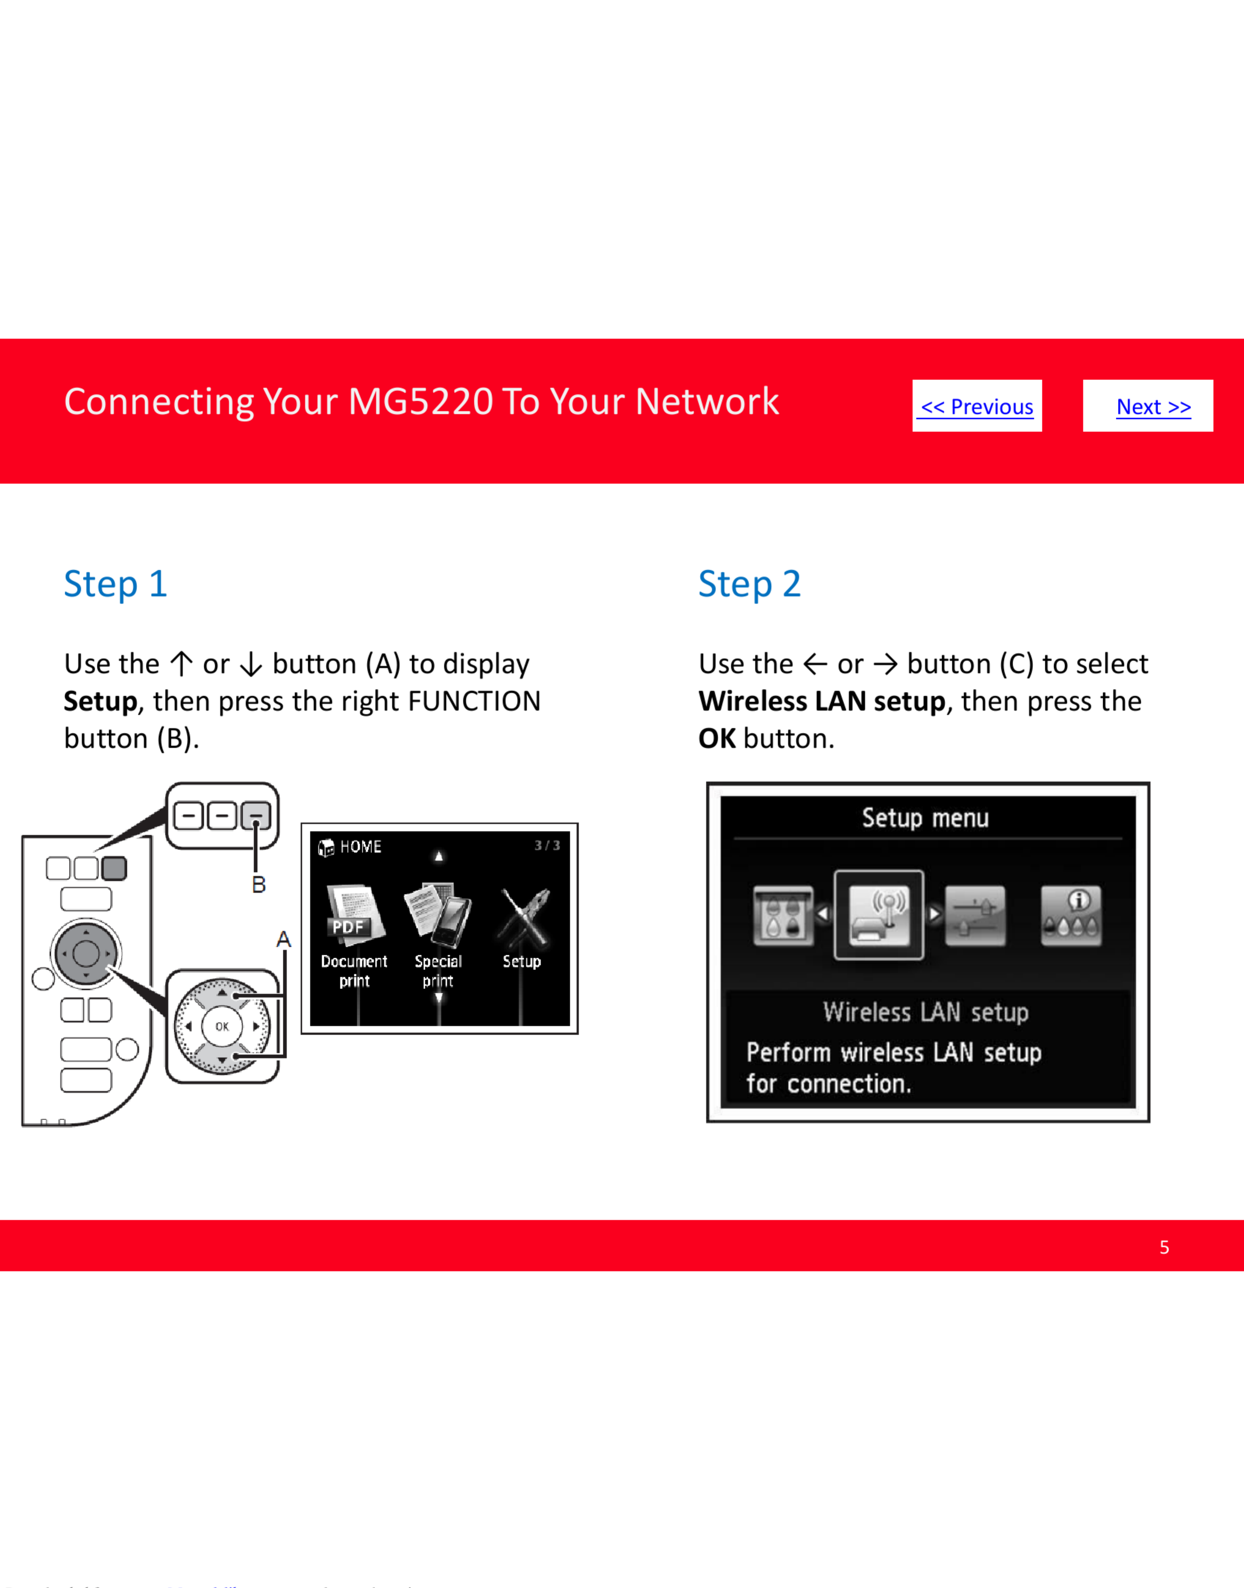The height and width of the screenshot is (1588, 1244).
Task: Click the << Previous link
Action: pos(977,407)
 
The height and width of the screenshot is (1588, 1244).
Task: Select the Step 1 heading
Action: pos(116,584)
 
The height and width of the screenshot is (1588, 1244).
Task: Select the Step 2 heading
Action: pos(749,584)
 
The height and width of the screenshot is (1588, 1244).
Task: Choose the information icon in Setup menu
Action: pos(1071,915)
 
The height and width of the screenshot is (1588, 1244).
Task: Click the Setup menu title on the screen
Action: pos(925,818)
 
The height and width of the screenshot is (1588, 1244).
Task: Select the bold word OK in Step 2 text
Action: pos(717,739)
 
